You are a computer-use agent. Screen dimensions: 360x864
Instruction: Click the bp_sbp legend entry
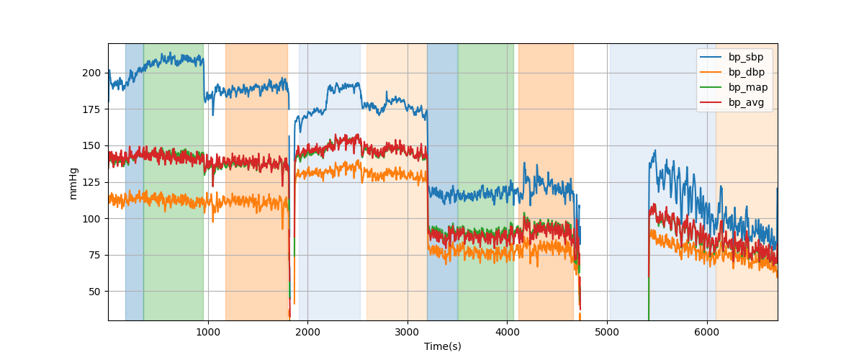[746, 58]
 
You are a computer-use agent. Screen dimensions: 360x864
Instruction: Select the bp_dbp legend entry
[747, 72]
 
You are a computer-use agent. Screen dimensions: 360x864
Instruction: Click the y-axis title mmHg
[73, 182]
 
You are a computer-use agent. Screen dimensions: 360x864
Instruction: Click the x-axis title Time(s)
[443, 346]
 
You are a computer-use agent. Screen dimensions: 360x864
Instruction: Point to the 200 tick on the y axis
[92, 73]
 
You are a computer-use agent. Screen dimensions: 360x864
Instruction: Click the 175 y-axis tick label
[92, 109]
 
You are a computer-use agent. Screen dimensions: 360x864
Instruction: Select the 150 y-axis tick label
[92, 145]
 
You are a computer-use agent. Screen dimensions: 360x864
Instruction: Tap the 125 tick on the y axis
[92, 182]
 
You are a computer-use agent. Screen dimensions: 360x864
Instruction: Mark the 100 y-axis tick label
[92, 218]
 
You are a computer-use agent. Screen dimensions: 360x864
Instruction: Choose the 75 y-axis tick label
[95, 255]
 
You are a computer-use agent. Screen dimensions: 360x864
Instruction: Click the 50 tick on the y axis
[95, 292]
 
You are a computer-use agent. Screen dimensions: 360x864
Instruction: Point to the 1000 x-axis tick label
[208, 331]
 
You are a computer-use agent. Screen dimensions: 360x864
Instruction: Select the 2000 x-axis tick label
[307, 331]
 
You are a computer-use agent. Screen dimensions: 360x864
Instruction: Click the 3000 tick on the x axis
[408, 331]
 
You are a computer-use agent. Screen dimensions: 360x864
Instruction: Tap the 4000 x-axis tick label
[507, 331]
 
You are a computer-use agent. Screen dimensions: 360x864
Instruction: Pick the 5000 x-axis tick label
[607, 331]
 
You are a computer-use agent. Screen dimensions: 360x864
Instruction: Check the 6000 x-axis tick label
[706, 331]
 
